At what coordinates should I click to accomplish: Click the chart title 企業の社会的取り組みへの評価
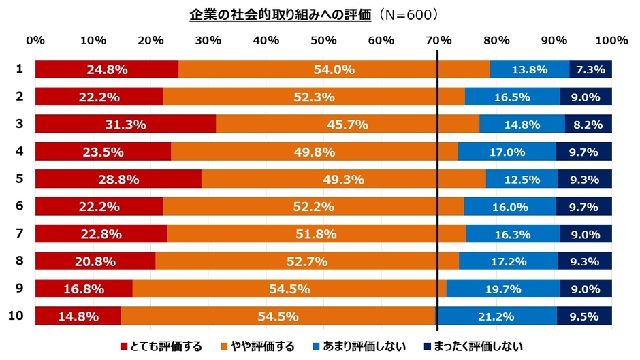pos(281,15)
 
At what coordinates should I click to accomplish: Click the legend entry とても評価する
pos(161,346)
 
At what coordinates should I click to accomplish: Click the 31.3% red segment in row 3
pos(125,124)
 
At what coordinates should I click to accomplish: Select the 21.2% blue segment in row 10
pos(496,316)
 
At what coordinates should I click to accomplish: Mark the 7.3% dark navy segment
pos(590,69)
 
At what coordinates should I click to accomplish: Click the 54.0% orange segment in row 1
pos(334,69)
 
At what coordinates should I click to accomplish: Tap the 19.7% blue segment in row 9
pos(503,289)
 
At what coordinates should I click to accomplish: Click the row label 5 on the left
pos(20,178)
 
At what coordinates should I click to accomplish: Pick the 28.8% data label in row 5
pos(118,179)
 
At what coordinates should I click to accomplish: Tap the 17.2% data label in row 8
pos(508,261)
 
